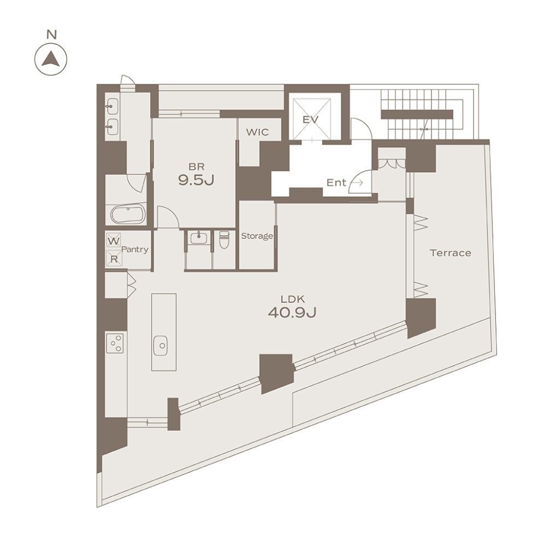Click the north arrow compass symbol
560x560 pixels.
[51, 59]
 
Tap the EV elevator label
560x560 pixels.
[311, 119]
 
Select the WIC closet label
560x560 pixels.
[257, 132]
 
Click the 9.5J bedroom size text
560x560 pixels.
[196, 180]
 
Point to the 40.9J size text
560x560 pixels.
[292, 313]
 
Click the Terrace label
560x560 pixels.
[451, 253]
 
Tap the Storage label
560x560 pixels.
[257, 236]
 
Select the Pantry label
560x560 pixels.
[135, 249]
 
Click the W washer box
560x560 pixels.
[114, 241]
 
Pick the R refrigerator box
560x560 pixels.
[114, 258]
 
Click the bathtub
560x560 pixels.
[128, 214]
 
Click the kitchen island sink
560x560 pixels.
[161, 346]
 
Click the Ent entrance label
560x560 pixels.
[336, 183]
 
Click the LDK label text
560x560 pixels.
[293, 299]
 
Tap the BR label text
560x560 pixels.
[196, 166]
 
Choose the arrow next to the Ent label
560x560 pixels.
[357, 183]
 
